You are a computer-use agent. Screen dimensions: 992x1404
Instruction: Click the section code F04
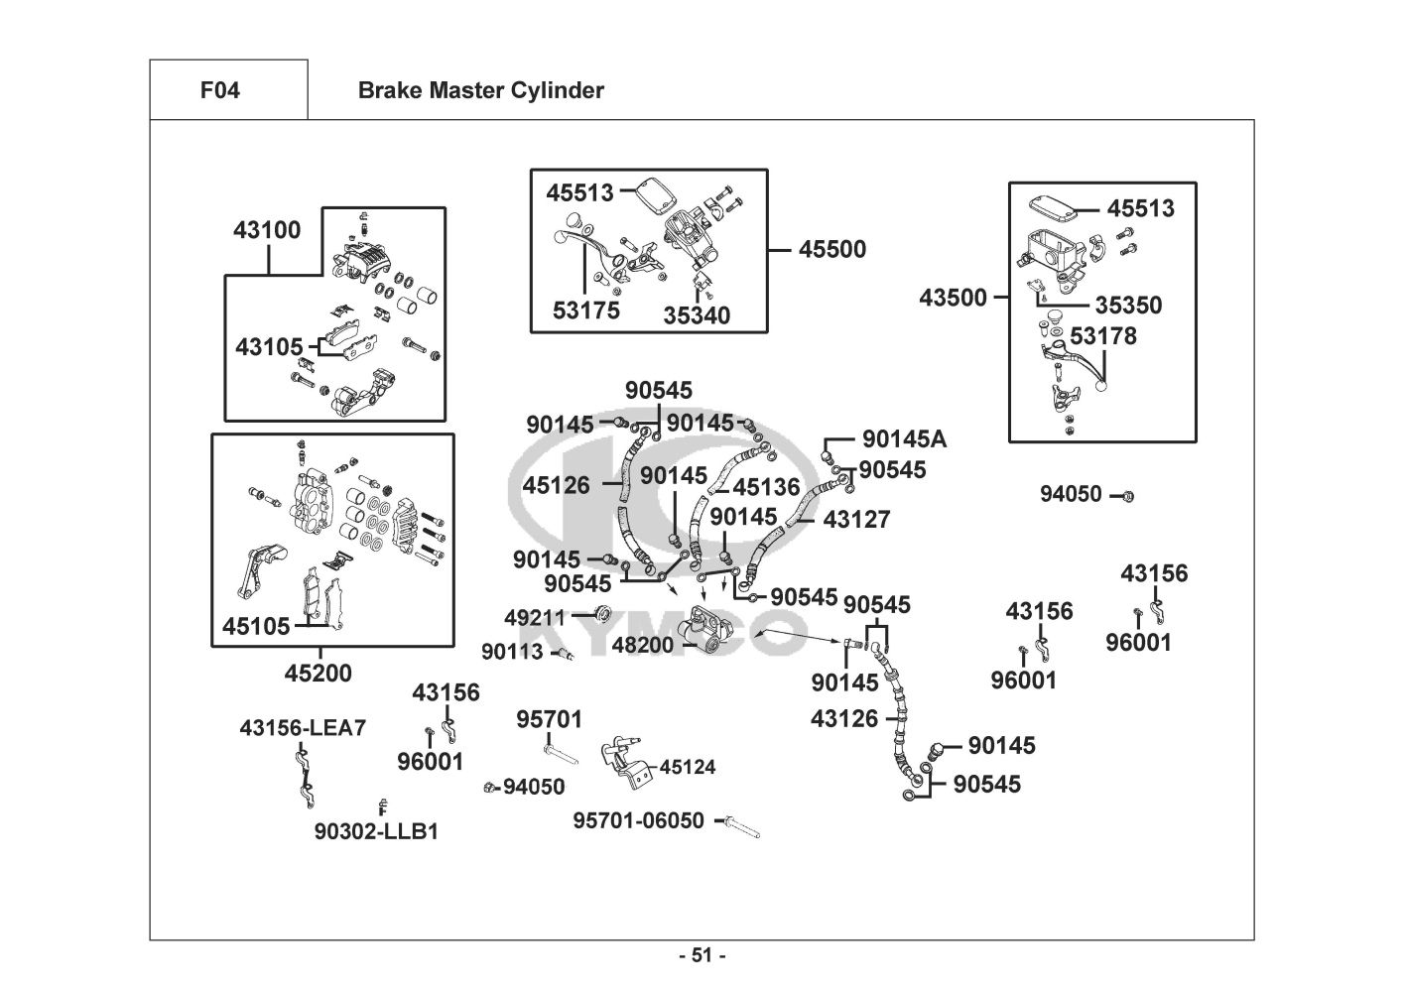219,90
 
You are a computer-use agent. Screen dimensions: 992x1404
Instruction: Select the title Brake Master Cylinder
480,90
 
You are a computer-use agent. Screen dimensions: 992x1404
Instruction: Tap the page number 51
702,955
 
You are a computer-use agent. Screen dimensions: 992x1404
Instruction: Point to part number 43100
267,230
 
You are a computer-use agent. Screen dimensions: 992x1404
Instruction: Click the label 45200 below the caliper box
318,674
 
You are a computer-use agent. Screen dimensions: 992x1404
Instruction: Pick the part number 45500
831,249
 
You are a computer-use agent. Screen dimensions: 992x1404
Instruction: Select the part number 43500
953,298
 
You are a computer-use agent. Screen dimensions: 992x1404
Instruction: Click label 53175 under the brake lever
585,310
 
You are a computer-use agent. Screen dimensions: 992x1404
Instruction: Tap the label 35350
1128,306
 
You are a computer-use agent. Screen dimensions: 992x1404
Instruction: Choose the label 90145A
904,438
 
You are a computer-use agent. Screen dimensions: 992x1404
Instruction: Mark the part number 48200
642,645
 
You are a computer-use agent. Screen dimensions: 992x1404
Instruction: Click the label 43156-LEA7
303,728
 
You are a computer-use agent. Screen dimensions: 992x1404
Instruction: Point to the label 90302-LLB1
376,831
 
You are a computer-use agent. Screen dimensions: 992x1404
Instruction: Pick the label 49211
534,618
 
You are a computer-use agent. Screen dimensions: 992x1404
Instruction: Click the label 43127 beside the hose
856,519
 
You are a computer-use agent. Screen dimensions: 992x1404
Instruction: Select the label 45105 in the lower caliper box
256,626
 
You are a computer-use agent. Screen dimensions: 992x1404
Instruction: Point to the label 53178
1103,336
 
